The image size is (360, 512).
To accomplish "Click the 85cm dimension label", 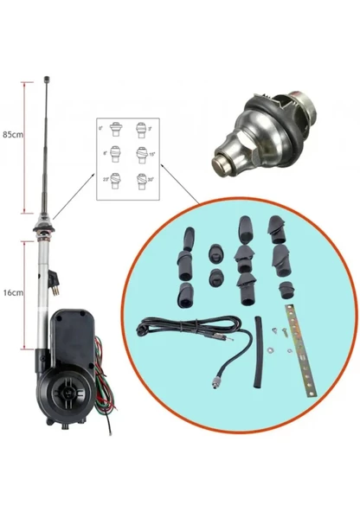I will [13, 135].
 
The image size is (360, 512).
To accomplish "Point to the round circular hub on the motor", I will [68, 389].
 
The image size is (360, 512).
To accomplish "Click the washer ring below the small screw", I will [272, 348].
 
